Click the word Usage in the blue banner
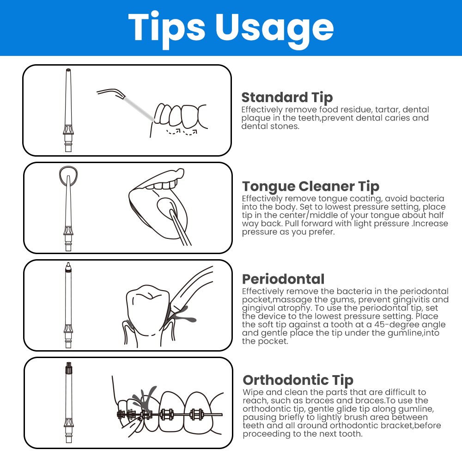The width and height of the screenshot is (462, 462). coord(274,28)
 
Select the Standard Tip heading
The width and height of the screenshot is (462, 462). coord(287,97)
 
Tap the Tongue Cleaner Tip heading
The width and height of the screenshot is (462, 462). coord(310,187)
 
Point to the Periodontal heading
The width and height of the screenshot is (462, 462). coord(283,279)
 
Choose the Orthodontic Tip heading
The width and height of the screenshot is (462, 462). coord(298,380)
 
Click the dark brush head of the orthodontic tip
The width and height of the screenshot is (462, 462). coord(69,367)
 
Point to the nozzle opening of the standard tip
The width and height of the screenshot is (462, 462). coord(68,70)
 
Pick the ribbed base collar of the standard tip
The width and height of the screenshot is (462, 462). coord(68,130)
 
